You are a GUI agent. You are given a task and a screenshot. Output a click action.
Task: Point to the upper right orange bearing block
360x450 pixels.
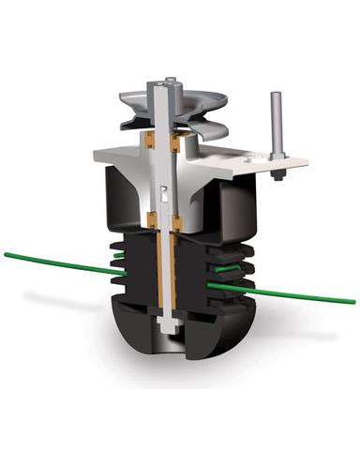pos(177,142)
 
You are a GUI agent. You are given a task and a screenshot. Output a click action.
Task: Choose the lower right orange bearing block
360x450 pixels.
pos(177,223)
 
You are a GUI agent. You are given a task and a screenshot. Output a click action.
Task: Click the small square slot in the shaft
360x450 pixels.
pos(164,196)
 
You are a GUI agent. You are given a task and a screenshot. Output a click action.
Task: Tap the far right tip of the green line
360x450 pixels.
pos(353,301)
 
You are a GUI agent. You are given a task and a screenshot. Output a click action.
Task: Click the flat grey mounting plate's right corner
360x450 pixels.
pos(305,163)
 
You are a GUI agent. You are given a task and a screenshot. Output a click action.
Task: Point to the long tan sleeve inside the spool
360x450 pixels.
pos(164,272)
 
